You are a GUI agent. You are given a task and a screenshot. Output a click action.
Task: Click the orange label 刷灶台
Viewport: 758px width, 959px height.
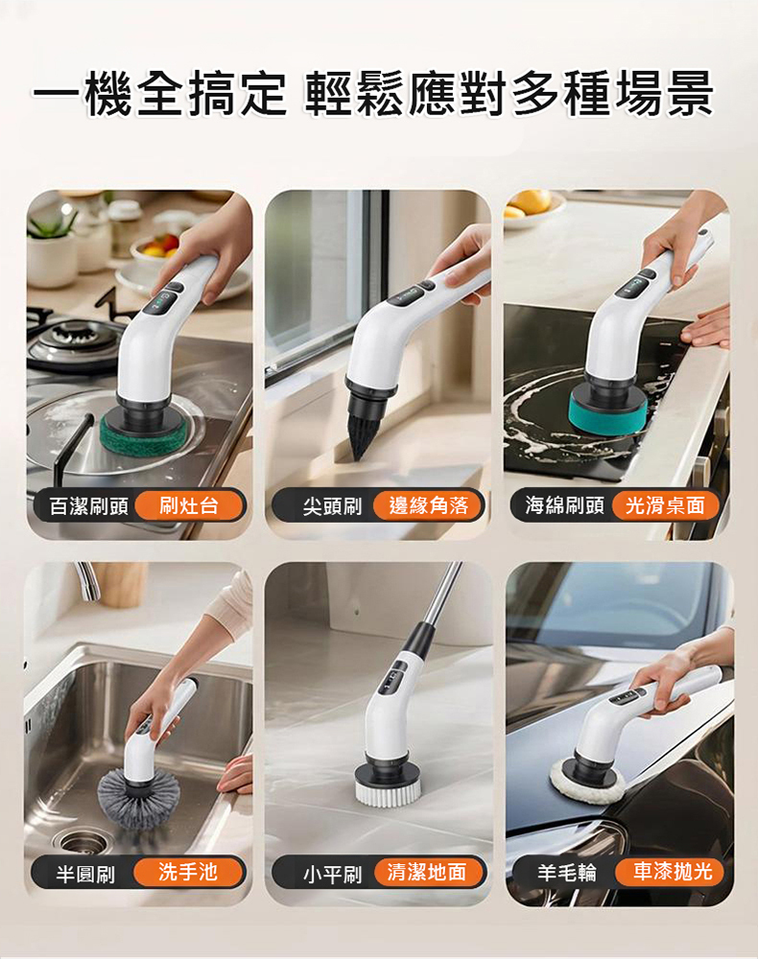pyautogui.click(x=189, y=505)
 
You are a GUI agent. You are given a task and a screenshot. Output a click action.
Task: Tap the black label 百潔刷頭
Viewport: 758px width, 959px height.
pyautogui.click(x=89, y=506)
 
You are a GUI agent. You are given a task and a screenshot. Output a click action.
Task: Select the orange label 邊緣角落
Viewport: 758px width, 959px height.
pyautogui.click(x=428, y=505)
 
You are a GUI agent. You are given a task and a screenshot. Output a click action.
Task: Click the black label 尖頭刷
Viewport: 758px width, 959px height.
pyautogui.click(x=332, y=506)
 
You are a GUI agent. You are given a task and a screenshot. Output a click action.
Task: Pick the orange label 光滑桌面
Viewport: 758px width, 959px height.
pyautogui.click(x=665, y=505)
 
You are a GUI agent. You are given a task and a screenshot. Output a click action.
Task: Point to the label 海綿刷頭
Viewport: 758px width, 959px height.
pyautogui.click(x=565, y=505)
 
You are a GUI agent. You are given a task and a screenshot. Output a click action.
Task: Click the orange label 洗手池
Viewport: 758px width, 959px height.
pyautogui.click(x=188, y=872)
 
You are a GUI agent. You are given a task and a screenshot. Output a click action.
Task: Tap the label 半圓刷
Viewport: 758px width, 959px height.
pyautogui.click(x=85, y=874)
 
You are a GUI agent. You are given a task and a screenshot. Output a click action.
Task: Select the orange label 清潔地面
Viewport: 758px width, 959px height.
pyautogui.click(x=427, y=872)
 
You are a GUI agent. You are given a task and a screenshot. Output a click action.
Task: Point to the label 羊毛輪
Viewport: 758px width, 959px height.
pyautogui.click(x=566, y=873)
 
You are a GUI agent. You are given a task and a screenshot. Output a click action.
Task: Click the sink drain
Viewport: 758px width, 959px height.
pyautogui.click(x=81, y=842)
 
